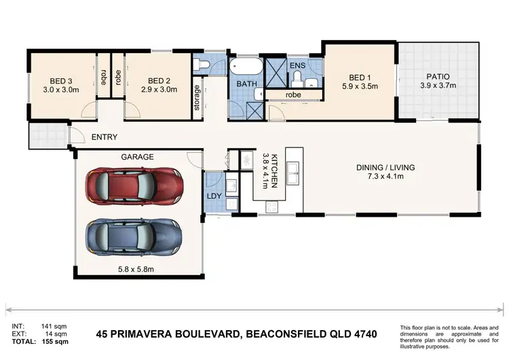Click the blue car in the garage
click(134, 236)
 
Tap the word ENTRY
click(105, 137)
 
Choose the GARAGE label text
click(138, 157)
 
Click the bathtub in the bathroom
click(244, 69)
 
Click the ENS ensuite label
click(297, 65)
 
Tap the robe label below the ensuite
click(293, 95)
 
